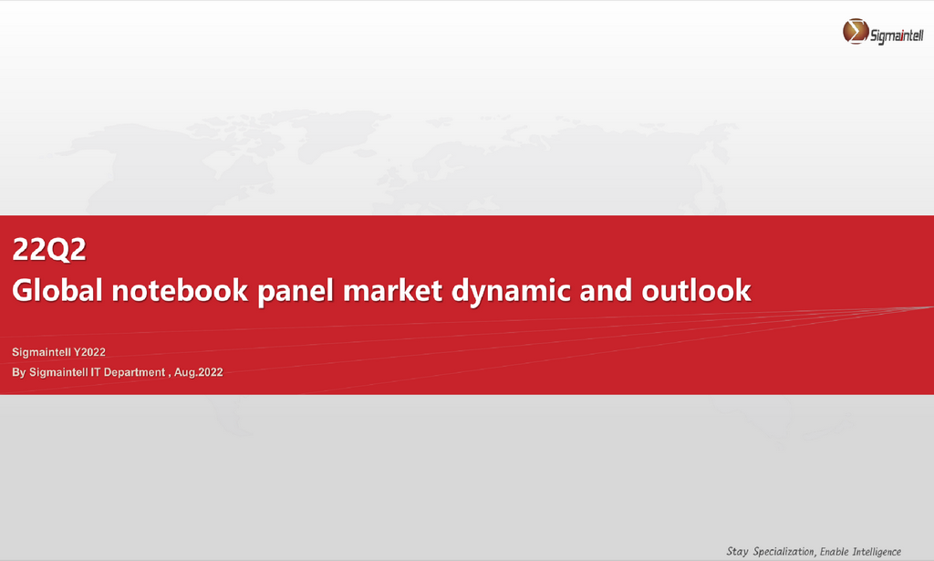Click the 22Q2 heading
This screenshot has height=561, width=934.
49,249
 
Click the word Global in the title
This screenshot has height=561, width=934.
57,290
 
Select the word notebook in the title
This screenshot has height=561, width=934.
180,290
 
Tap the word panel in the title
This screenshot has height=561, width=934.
296,292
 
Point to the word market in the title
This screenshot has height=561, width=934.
392,290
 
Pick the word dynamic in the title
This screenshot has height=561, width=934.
511,292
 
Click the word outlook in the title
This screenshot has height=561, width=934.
696,290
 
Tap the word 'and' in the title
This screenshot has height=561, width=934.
606,290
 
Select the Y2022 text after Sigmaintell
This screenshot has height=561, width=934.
89,352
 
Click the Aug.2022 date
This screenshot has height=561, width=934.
198,372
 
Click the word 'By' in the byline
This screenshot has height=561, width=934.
19,373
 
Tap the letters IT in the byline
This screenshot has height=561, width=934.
95,372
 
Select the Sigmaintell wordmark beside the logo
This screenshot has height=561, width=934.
898,36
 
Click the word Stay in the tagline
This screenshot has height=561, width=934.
737,552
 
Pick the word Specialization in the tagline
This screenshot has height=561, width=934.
784,552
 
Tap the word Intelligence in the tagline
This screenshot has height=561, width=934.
877,552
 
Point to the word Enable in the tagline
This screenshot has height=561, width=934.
834,552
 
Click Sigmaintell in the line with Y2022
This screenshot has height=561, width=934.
42,352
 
